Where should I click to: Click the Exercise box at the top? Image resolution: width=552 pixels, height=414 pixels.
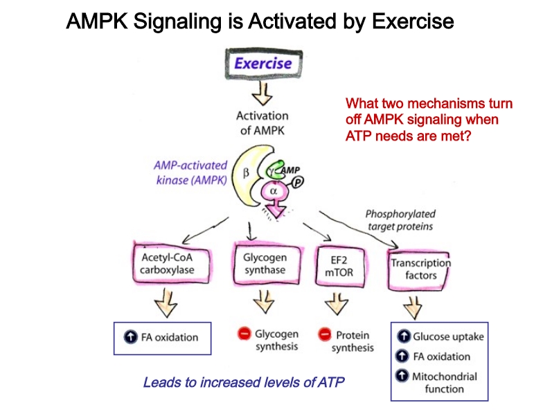[x=264, y=64]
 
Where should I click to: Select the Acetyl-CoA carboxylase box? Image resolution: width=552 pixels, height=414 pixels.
[x=171, y=263]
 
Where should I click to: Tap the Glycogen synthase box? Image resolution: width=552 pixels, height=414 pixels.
[x=267, y=264]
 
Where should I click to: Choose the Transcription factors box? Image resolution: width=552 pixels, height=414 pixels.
[x=418, y=270]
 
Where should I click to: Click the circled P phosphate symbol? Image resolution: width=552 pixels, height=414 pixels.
[x=298, y=182]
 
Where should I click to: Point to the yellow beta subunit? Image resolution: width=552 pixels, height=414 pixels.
[x=247, y=176]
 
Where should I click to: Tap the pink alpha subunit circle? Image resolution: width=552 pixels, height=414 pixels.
[x=274, y=192]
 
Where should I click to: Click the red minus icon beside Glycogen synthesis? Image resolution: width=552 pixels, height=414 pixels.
[x=244, y=333]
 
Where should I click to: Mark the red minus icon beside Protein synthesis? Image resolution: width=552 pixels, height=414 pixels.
[x=325, y=334]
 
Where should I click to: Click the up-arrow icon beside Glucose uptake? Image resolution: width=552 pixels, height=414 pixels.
[x=404, y=336]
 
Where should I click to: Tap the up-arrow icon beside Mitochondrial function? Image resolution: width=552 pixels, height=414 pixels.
[x=402, y=376]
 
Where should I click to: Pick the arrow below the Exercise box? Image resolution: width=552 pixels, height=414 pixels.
[x=262, y=93]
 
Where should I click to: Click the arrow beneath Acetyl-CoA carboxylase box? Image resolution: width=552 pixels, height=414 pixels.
[x=166, y=303]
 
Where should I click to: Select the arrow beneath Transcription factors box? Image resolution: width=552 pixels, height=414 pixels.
[x=413, y=307]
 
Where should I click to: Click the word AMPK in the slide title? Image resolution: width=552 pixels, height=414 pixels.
[x=97, y=21]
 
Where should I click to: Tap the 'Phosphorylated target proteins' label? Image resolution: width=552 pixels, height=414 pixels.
[x=400, y=220]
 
